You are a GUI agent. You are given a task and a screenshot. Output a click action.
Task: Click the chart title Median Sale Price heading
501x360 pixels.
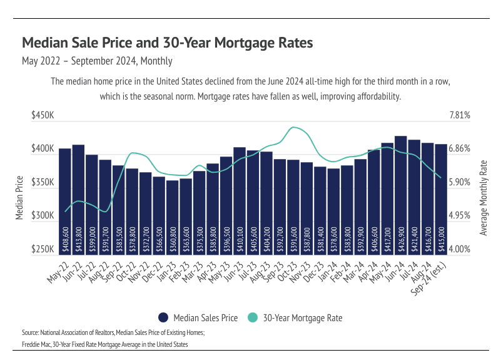tap(167, 43)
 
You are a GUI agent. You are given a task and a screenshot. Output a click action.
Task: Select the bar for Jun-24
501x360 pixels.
tap(401, 194)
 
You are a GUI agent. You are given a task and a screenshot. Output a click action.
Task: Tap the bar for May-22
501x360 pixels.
tap(65, 200)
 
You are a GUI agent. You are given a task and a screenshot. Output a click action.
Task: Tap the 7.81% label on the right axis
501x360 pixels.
tap(460, 116)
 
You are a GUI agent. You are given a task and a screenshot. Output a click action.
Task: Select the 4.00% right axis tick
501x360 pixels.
tap(460, 249)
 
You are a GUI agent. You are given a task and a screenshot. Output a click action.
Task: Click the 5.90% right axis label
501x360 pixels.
tap(460, 183)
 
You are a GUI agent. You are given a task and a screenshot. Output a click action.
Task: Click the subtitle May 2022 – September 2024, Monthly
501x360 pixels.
tap(97, 61)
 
